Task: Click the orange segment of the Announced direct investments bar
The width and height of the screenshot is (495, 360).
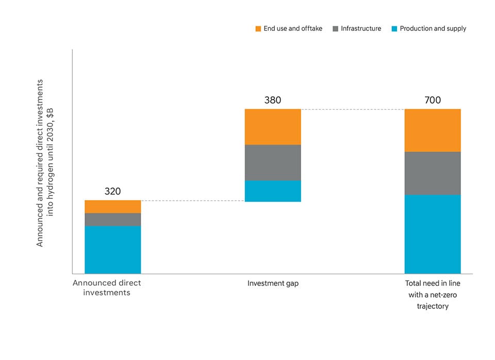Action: coord(112,206)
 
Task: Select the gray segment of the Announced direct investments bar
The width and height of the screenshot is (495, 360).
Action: coord(112,219)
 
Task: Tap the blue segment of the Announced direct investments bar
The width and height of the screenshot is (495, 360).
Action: coord(112,250)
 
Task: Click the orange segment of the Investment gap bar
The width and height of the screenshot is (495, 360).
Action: coord(272,127)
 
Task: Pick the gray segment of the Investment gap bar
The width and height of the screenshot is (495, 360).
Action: coord(272,162)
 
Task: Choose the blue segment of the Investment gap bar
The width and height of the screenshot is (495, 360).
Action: coord(272,191)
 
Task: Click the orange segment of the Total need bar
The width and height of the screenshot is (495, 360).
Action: coord(432,130)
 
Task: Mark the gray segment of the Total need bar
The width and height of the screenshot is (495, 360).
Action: coord(432,173)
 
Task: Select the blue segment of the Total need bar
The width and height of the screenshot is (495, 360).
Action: coord(432,234)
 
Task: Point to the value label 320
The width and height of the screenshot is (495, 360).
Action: coord(112,191)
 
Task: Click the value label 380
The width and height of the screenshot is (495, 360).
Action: coord(272,100)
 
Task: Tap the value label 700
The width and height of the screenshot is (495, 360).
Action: coord(432,100)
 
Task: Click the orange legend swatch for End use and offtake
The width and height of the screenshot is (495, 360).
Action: coord(258,29)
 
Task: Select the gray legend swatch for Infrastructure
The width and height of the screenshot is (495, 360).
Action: coord(335,29)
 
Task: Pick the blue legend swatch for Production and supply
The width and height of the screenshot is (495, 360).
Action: coord(394,29)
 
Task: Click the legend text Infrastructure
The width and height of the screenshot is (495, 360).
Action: coord(361,29)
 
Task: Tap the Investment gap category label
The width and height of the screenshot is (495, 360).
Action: coord(272,283)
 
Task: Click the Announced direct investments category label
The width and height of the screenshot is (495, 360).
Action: coord(107,288)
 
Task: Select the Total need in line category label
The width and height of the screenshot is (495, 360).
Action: coord(432,294)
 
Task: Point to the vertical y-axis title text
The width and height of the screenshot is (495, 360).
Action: coord(45,162)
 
